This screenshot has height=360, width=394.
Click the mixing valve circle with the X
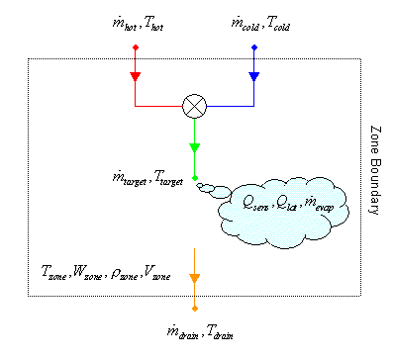(194, 106)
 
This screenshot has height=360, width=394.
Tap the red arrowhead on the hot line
(136, 77)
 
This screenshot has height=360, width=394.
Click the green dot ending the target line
(194, 179)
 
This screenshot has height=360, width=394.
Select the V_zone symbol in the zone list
(156, 272)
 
